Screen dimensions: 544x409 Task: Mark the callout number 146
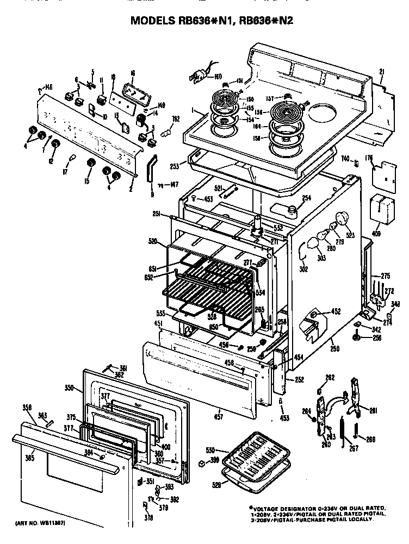pyautogui.click(x=48, y=87)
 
